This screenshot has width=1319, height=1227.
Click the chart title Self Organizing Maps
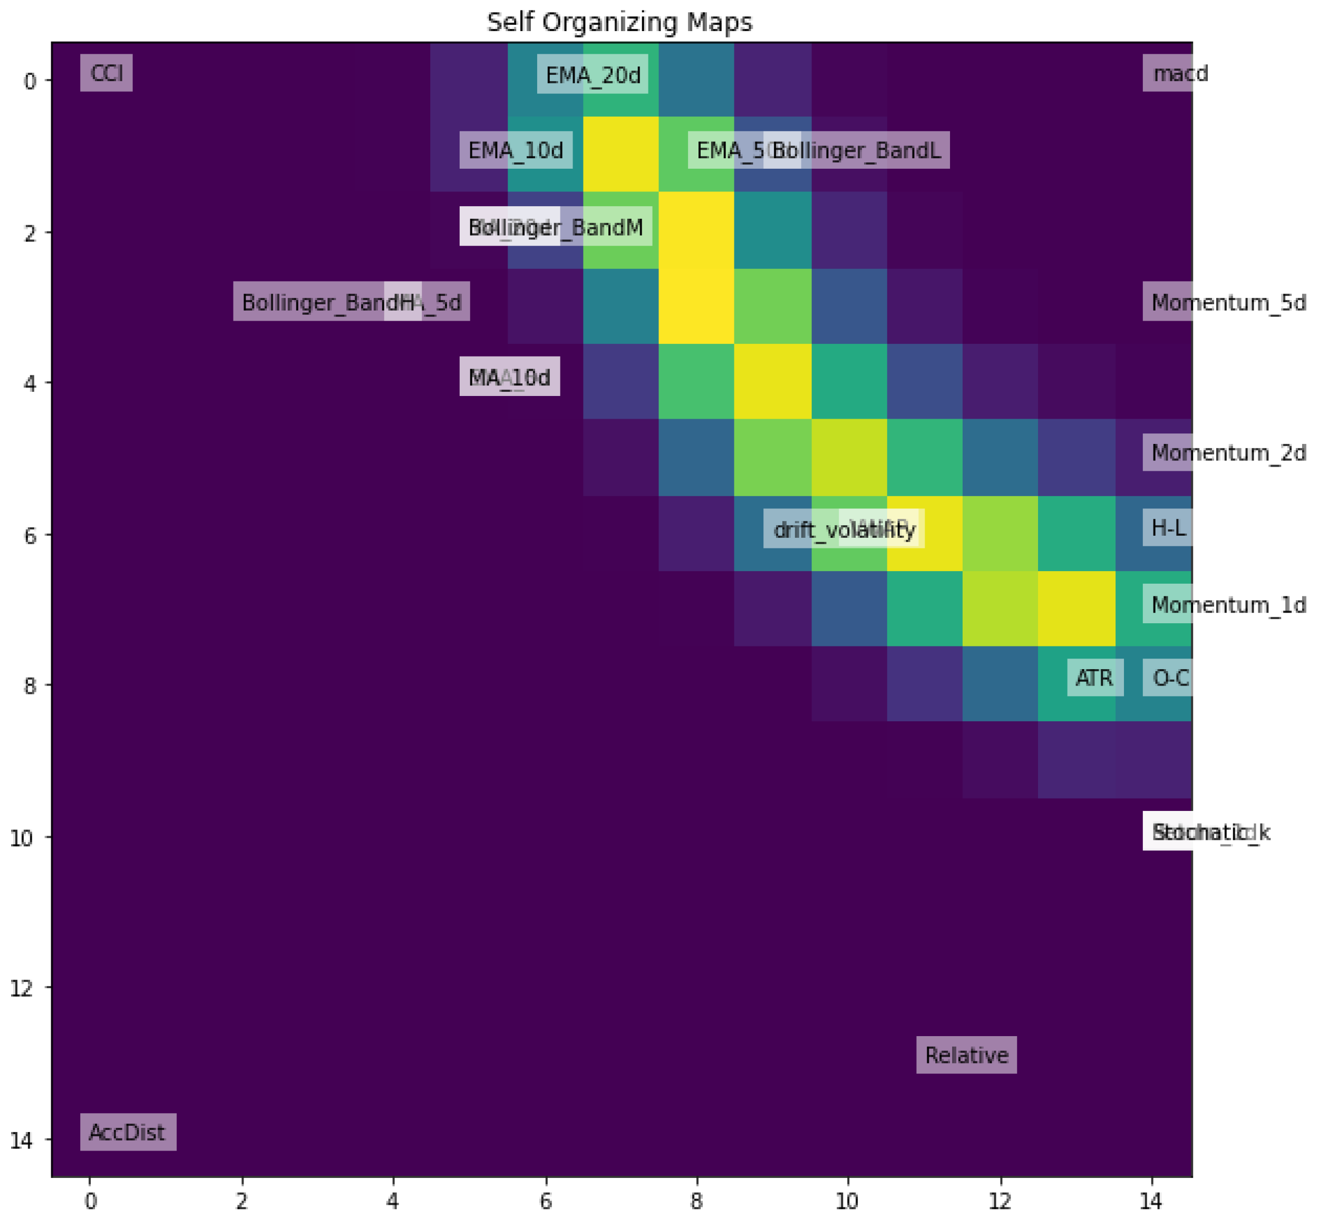(x=619, y=23)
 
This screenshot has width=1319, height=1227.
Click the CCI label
(x=106, y=73)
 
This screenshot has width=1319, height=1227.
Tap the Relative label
(x=966, y=1055)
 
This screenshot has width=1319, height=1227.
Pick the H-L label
(x=1168, y=528)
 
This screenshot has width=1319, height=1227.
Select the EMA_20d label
(x=593, y=75)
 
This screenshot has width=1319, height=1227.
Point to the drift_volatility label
(x=844, y=529)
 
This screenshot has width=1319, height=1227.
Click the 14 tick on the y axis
(x=21, y=1140)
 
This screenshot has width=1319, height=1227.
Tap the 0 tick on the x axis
(x=90, y=1202)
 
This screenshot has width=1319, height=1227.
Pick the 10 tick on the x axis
(x=847, y=1202)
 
